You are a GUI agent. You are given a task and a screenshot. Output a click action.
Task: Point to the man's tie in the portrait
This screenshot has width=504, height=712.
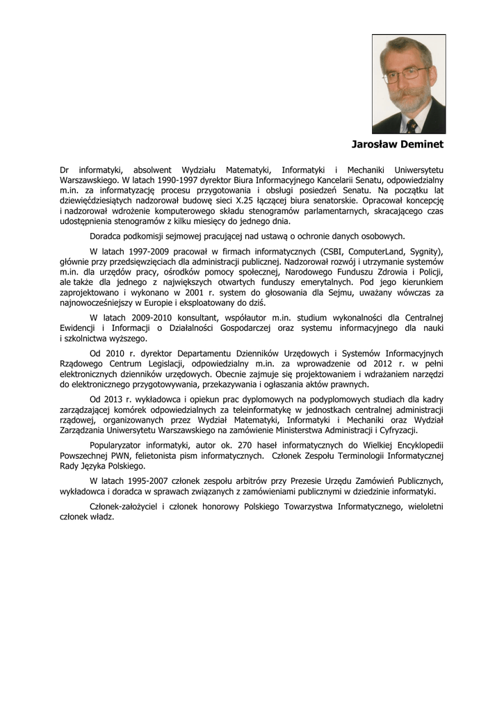point(412,126)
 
